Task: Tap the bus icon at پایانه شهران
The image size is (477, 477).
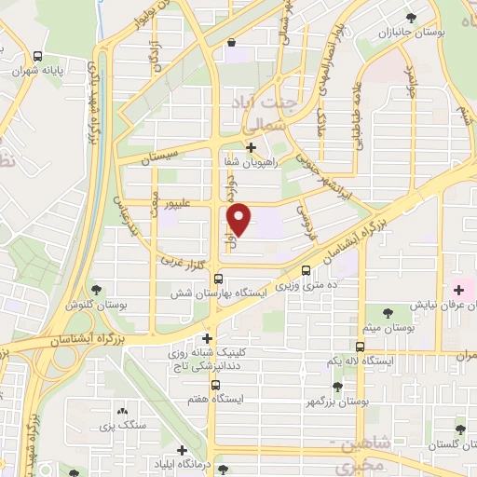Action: click(x=38, y=56)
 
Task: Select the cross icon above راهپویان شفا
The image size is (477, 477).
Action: click(x=250, y=146)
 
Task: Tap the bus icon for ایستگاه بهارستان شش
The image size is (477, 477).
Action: click(x=218, y=278)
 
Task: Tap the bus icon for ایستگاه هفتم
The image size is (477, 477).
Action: click(x=215, y=384)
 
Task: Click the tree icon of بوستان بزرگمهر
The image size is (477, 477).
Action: click(x=337, y=385)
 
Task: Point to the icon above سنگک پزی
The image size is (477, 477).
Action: click(x=122, y=410)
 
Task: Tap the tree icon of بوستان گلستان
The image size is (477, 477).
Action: click(x=458, y=429)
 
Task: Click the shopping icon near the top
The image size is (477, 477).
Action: click(x=230, y=42)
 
